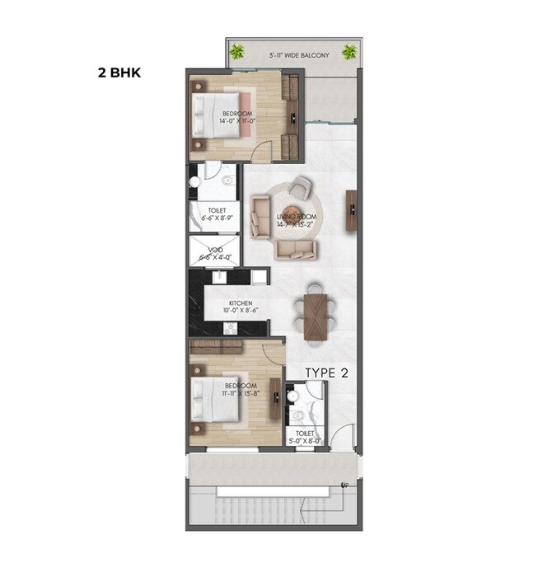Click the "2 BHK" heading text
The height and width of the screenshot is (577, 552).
(x=119, y=73)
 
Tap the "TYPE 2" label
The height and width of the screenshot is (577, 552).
(x=327, y=373)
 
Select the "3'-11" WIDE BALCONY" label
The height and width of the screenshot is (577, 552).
(x=299, y=55)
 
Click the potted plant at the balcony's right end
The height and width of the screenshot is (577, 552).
(x=349, y=52)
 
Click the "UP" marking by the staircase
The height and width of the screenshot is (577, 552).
(x=344, y=484)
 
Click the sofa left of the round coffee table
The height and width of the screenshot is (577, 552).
(x=260, y=210)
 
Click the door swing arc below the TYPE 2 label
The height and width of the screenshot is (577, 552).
(x=344, y=435)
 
